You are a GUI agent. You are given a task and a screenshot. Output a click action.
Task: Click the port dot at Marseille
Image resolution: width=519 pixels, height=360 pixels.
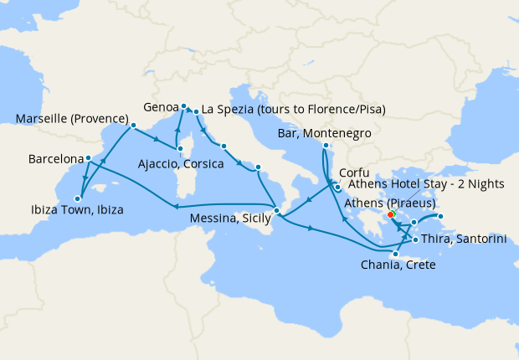(x=132, y=127)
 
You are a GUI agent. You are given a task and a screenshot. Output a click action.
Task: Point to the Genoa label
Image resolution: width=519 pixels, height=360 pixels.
(x=160, y=107)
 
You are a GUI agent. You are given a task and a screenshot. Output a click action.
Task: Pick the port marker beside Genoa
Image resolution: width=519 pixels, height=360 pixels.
(x=183, y=106)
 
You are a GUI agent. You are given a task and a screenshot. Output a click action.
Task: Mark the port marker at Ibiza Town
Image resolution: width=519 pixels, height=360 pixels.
(x=77, y=198)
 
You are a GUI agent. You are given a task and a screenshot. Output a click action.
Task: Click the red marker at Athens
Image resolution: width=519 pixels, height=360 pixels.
(x=391, y=215)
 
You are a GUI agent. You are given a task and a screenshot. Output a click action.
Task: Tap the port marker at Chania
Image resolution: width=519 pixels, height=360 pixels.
(x=396, y=253)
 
